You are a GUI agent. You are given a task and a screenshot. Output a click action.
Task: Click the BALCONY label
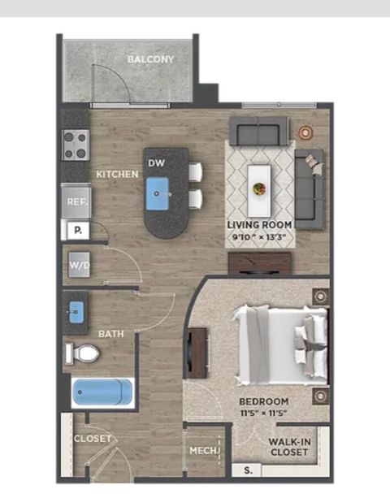coord(150,59)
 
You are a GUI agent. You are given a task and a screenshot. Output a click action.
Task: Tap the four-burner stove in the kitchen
coord(76,145)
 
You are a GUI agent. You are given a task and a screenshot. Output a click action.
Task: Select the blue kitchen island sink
coord(157,193)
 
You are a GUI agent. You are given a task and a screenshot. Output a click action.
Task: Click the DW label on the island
coord(157,163)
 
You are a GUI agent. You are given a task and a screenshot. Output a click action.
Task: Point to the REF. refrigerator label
coord(77,201)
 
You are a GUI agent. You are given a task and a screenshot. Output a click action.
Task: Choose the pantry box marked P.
coord(78,230)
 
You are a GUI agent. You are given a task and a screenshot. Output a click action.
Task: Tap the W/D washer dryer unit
coord(80,265)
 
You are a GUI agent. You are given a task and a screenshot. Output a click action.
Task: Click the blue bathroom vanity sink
coord(76,312)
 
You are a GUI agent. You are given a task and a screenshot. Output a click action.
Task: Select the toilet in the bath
coord(82,353)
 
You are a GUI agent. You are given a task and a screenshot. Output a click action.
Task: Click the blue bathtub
coord(102,392)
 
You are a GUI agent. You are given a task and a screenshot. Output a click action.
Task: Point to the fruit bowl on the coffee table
coord(259,188)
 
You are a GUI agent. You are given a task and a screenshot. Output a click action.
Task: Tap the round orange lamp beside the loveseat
coord(305,132)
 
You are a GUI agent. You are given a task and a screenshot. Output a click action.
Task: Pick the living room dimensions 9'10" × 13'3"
coord(259,236)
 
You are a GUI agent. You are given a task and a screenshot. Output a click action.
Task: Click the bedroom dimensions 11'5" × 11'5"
coord(263,414)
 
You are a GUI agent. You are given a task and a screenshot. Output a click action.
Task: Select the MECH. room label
coord(205,450)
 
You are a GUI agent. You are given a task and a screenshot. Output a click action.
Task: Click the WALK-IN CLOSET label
coord(289,447)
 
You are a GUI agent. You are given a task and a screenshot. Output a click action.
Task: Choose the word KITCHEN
coord(117,174)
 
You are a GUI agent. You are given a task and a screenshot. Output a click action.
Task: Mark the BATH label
coord(110,334)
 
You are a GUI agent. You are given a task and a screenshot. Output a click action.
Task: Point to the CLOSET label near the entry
coord(93,439)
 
